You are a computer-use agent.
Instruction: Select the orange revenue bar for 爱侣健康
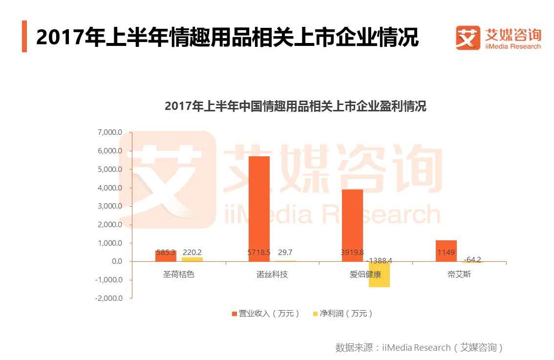point(352,225)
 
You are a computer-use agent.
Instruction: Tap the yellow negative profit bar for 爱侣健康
point(379,274)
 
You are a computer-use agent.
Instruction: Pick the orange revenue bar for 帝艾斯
point(446,251)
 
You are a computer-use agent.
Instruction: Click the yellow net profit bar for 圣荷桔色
point(192,259)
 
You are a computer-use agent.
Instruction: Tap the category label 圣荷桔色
point(178,275)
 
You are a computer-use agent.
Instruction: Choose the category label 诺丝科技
point(272,275)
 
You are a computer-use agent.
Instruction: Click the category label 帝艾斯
point(459,275)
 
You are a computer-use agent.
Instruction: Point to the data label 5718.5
point(258,253)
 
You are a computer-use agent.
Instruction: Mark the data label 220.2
point(192,253)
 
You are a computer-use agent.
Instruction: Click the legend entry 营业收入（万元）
point(265,314)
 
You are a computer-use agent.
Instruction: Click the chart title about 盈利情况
point(295,106)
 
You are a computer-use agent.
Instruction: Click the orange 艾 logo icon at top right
point(468,38)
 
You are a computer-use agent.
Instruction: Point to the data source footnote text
point(419,348)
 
